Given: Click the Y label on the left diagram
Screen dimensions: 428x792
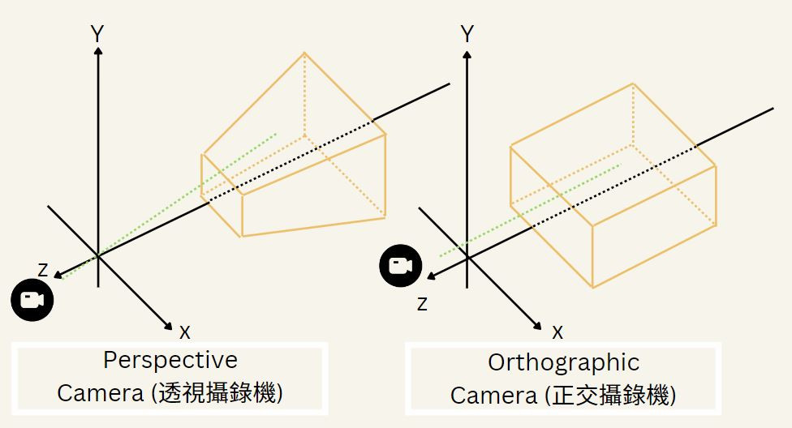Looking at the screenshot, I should point(97,34).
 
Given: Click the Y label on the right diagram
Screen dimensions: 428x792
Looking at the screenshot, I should point(467,34).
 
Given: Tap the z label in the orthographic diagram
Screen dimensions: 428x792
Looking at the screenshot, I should point(422,304).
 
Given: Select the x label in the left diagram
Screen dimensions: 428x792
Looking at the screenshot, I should point(185,331).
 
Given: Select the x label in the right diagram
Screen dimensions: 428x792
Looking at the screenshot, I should point(557,331).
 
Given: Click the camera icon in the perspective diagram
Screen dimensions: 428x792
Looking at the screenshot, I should point(32,300).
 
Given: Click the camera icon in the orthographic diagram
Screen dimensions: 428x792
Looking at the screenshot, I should point(401,266).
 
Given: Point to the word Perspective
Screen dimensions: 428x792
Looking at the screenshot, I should point(170,360).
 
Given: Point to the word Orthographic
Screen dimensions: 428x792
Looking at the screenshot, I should point(563,362).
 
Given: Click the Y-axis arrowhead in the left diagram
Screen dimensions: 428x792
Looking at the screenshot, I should point(97,50).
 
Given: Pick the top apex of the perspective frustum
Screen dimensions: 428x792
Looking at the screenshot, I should point(305,53).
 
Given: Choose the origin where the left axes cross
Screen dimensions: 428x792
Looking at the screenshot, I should point(97,256).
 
